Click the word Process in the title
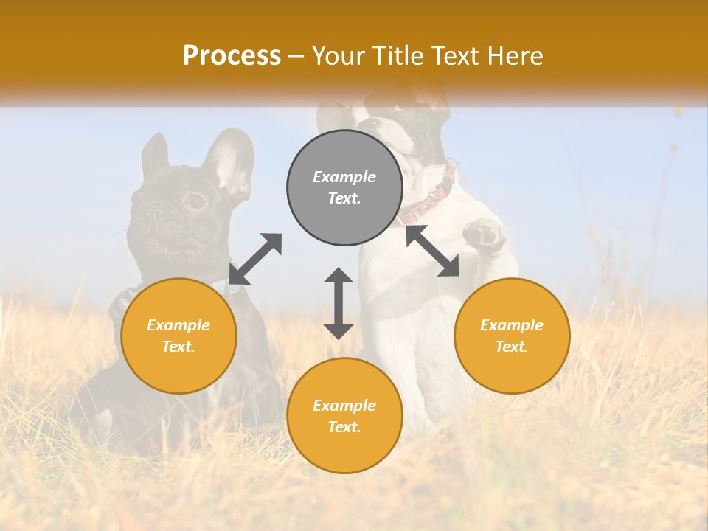pyautogui.click(x=232, y=56)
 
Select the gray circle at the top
pyautogui.click(x=344, y=187)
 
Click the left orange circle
pyautogui.click(x=178, y=336)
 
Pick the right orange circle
pyautogui.click(x=512, y=336)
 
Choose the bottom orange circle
pyautogui.click(x=344, y=415)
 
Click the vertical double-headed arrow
pyautogui.click(x=339, y=303)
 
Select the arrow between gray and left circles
pyautogui.click(x=255, y=259)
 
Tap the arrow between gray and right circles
pyautogui.click(x=432, y=251)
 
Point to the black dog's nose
pyautogui.click(x=156, y=213)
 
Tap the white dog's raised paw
pyautogui.click(x=484, y=235)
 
